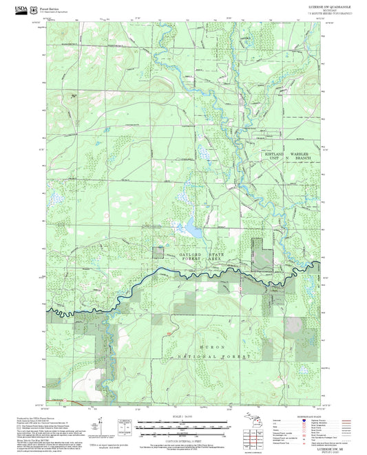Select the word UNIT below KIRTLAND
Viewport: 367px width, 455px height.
click(x=275, y=159)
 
